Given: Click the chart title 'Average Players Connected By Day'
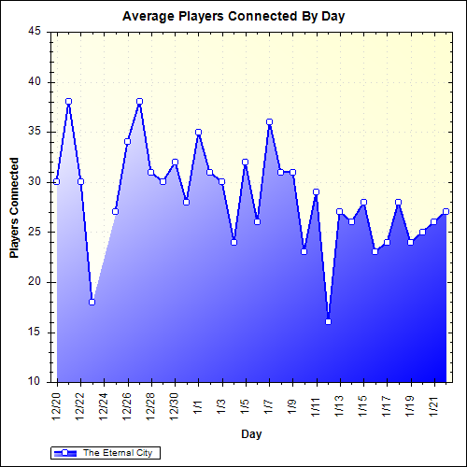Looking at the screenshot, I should point(234,17).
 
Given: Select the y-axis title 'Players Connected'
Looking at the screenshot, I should point(14,206).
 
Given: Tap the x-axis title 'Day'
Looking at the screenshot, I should point(251,434).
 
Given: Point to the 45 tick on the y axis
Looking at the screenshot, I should point(35,32).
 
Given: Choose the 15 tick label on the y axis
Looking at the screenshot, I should point(35,332).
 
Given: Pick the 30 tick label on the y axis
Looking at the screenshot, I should point(35,182).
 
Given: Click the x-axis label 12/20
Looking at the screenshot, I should point(57,407).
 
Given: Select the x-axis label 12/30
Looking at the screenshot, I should point(175,407).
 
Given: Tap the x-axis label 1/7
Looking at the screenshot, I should point(269,404).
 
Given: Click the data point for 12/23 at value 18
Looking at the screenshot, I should point(92,302).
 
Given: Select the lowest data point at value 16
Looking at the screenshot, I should point(328,321).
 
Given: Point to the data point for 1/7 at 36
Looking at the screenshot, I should point(269,121).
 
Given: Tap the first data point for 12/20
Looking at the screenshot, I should point(57,181).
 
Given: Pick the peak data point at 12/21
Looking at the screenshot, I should point(68,102).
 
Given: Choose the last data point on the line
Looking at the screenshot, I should point(446,211).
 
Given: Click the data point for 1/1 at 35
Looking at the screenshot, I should point(198,132).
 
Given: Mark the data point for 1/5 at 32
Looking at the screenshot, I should point(246,162).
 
